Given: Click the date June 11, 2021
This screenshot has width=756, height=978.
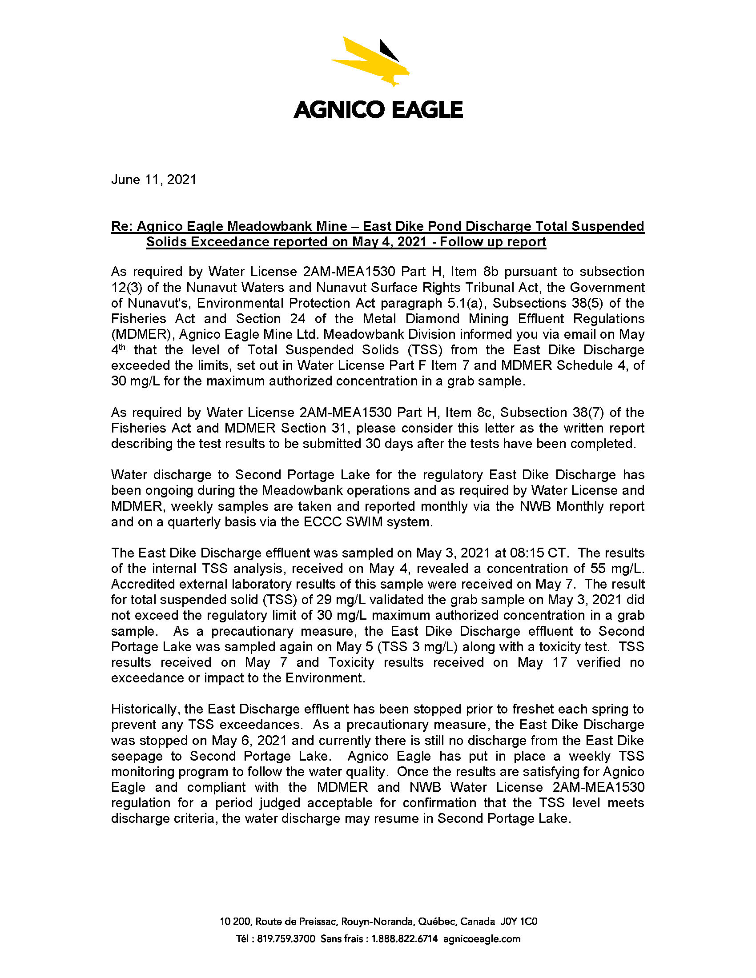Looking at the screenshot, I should click(x=153, y=180).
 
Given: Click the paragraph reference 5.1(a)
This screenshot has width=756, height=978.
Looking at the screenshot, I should click(x=467, y=303).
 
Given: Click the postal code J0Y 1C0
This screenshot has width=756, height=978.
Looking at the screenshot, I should click(x=519, y=922).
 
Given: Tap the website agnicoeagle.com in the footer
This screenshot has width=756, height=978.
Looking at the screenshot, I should click(x=482, y=938).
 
